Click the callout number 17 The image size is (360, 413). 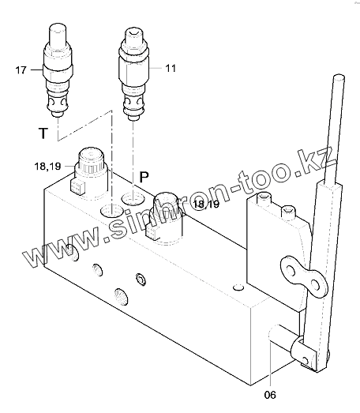tap(21, 70)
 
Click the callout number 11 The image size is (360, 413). tap(171, 68)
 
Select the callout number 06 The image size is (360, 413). tap(270, 395)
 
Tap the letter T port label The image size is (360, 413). tap(43, 133)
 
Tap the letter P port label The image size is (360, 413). tap(144, 177)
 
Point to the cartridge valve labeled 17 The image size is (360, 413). tap(58, 70)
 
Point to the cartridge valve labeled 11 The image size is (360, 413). tap(133, 74)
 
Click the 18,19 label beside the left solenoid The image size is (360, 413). tap(47, 167)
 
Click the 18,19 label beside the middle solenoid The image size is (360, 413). tap(206, 204)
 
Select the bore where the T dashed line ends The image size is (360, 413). tap(112, 211)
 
